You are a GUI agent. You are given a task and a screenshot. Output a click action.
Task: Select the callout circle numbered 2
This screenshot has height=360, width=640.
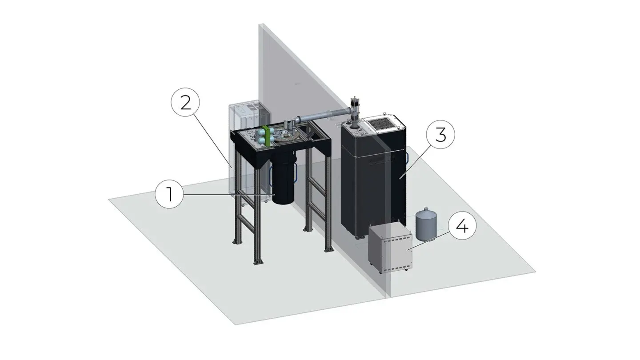[185, 103]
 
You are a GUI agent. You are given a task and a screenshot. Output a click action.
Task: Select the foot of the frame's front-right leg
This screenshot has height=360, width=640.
[328, 249]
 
